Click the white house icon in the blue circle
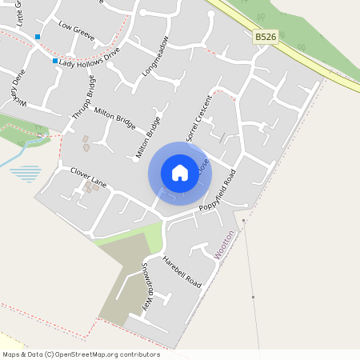(x=180, y=172)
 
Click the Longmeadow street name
(x=155, y=56)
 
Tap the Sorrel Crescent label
(x=198, y=118)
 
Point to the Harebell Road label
(x=182, y=270)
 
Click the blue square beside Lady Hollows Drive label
(x=54, y=61)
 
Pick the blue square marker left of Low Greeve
(x=38, y=37)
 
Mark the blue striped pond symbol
(x=28, y=173)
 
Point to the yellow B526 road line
(x=320, y=68)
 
